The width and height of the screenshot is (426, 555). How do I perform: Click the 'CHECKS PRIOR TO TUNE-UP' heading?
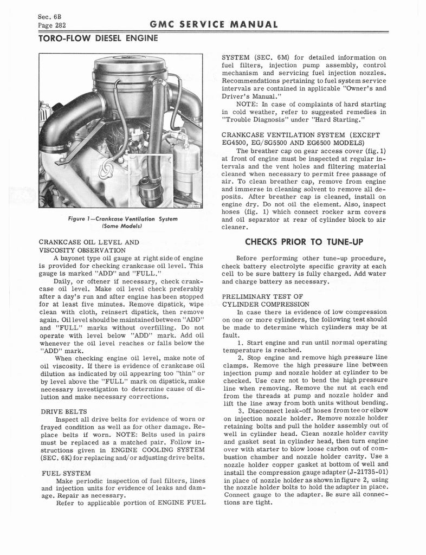pos(304,241)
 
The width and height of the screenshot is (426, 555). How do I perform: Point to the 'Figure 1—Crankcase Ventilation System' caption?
pos(120,219)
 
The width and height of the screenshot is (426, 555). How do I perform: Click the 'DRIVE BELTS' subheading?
pos(61,411)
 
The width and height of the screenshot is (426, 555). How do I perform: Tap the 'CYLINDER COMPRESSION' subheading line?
pos(266,304)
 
